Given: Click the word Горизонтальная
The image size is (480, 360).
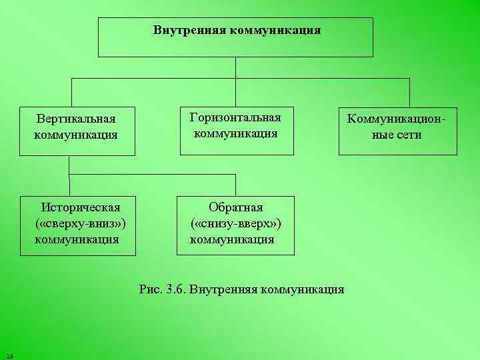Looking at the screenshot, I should (x=235, y=117).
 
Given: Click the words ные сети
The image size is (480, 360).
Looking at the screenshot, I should (x=398, y=135).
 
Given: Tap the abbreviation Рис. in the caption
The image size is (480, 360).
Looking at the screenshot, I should (x=151, y=289).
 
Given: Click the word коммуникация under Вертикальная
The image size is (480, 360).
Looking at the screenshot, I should (x=75, y=135).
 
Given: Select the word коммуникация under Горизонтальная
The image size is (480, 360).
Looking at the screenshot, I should (x=235, y=133).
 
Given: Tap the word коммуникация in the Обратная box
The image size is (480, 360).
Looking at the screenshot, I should (x=232, y=238).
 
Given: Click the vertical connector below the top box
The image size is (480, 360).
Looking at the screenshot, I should (x=236, y=67).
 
